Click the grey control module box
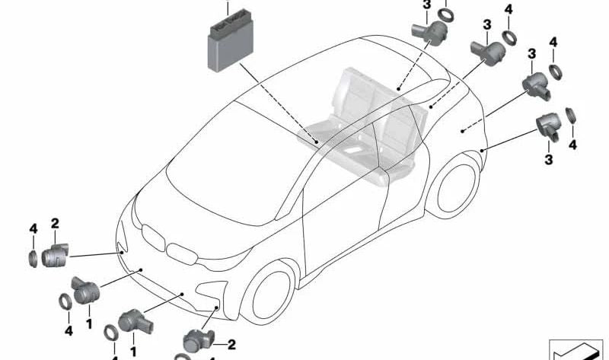tap(231, 41)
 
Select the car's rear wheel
tap(454, 187)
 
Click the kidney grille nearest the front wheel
tap(182, 254)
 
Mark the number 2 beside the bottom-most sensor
tap(231, 345)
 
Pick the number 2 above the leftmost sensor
tap(55, 223)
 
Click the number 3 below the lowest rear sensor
tap(548, 159)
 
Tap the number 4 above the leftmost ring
tap(33, 229)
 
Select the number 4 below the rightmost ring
tap(572, 145)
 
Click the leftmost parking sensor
tap(55, 255)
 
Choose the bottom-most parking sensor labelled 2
tap(199, 341)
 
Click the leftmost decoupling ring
tap(33, 259)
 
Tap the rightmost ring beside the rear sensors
tap(570, 116)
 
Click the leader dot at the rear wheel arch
tap(482, 151)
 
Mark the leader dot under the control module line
tap(317, 142)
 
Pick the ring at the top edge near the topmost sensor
tap(445, 14)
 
